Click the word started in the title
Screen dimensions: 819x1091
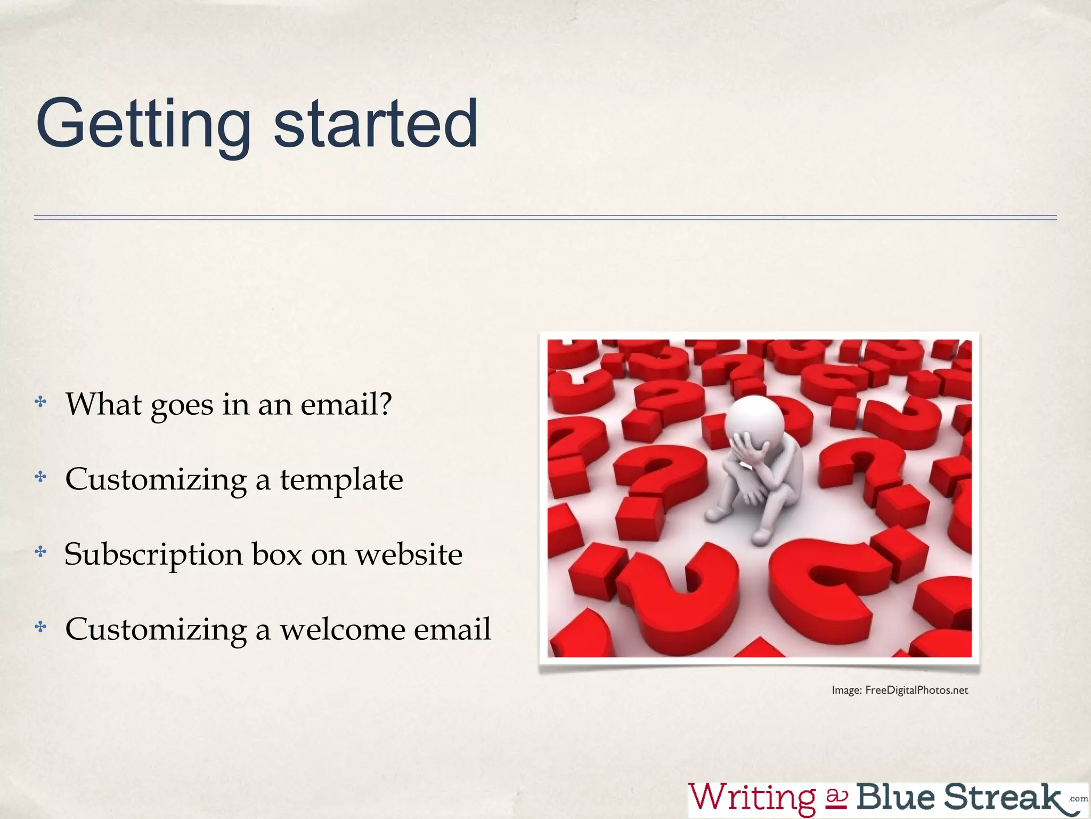coord(376,124)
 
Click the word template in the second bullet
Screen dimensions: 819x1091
coord(341,479)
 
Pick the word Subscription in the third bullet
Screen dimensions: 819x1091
coord(153,555)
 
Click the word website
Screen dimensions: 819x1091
coord(409,554)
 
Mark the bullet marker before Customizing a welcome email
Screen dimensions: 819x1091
coord(40,627)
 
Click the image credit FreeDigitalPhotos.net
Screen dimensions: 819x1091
coord(916,690)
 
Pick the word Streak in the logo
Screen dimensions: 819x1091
coord(1002,797)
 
